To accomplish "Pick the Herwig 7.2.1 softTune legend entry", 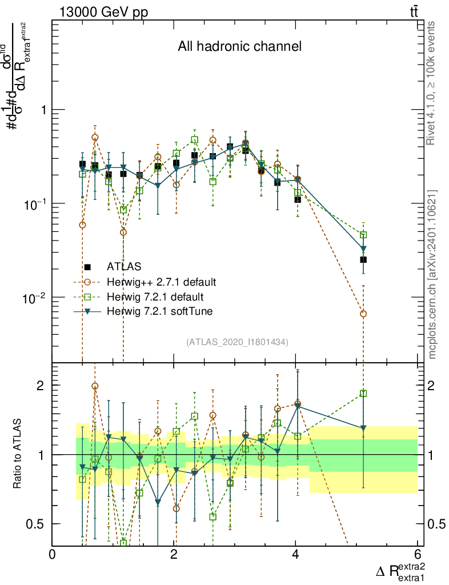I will click(x=163, y=311).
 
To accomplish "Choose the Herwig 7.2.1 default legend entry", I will click(x=155, y=296).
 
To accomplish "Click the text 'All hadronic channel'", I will click(x=239, y=47).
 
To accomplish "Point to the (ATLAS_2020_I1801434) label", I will click(x=236, y=342).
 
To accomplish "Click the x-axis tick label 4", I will click(x=295, y=554).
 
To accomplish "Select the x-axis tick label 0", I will click(x=53, y=554).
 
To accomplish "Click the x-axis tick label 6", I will click(x=417, y=554).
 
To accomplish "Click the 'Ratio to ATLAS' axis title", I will click(x=18, y=454).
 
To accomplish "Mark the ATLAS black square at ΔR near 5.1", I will click(x=363, y=259).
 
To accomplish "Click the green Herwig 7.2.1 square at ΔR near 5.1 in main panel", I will click(x=363, y=235).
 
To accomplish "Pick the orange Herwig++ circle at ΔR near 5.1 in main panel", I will click(x=363, y=314).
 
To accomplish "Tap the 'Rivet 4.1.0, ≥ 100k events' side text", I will click(x=432, y=83).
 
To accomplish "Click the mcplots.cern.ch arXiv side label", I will click(x=432, y=274).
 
